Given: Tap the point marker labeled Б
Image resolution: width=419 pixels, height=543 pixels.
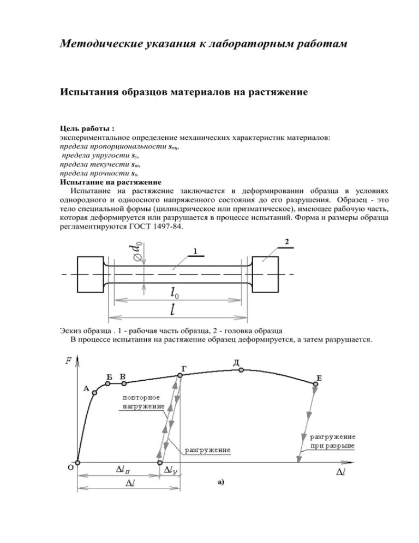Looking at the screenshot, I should (x=108, y=383).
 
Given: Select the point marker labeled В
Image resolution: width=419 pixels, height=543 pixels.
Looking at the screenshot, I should (x=124, y=383).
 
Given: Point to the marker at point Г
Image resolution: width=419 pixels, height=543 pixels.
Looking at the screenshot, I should (x=179, y=375).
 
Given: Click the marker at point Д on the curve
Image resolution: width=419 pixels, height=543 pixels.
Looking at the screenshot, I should (x=240, y=370).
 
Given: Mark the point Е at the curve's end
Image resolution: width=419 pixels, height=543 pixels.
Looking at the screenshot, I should (x=316, y=384).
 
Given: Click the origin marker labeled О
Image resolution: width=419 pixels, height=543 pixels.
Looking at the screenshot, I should (x=77, y=463).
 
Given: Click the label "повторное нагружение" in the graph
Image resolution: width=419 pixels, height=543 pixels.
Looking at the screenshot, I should (x=141, y=403).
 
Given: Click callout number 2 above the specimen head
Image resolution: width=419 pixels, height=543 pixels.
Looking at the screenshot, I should (x=287, y=241).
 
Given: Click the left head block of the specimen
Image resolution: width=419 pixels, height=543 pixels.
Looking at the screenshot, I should (x=91, y=274).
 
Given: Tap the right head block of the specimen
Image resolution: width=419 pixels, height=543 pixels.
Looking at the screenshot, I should (x=265, y=274).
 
